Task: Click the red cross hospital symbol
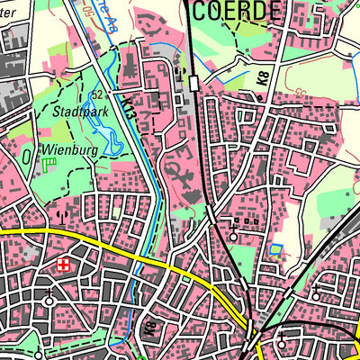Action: point(63,265)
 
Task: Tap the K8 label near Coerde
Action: point(262,79)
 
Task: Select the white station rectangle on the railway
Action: point(194,84)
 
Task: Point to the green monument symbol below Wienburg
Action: point(49,165)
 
